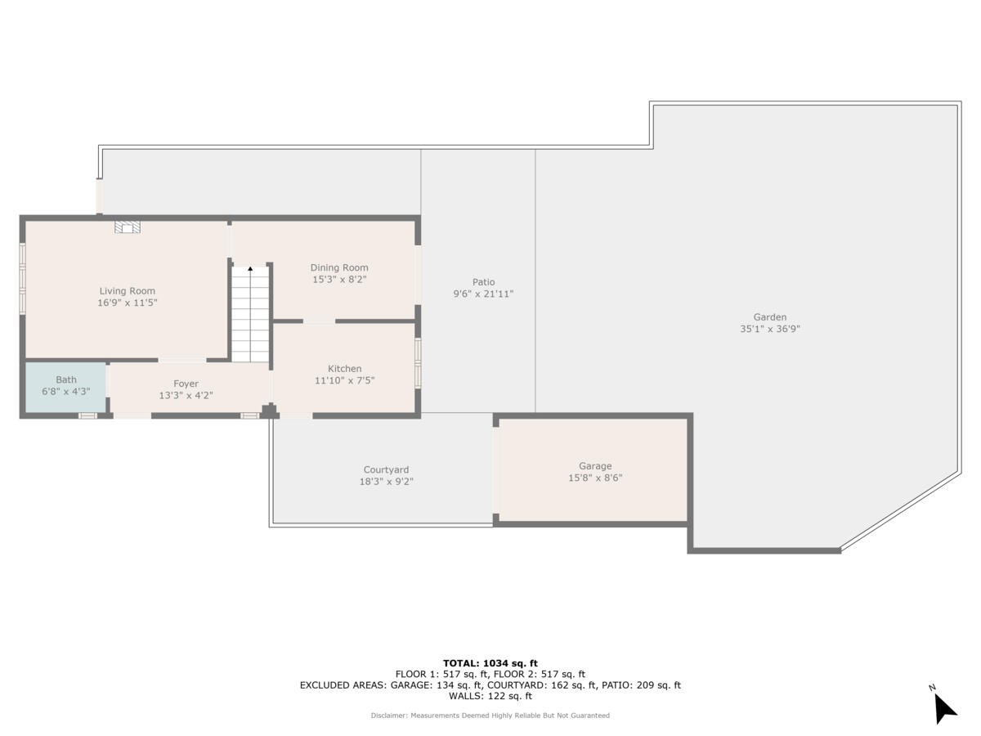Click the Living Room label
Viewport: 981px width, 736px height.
[127, 290]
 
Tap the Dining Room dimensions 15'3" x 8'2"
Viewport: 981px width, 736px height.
[339, 280]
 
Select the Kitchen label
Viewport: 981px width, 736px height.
[344, 369]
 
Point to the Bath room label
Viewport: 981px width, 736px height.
[66, 379]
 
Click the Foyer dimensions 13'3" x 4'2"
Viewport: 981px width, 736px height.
[186, 396]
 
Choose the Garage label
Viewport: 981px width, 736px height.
[595, 466]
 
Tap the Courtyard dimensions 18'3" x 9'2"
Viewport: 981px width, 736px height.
[386, 482]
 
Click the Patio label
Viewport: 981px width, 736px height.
[483, 282]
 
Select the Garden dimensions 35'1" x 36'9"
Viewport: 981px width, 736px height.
[769, 330]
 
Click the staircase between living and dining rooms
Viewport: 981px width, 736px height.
[250, 315]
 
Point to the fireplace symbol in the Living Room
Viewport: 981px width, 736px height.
[126, 228]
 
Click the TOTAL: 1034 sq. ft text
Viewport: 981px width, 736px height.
[490, 663]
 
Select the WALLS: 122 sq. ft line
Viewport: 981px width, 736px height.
[490, 697]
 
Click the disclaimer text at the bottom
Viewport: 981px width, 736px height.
[490, 716]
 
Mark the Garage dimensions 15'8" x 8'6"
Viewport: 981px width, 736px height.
[595, 478]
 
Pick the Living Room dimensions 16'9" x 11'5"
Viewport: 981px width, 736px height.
[127, 303]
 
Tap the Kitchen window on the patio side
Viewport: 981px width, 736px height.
[418, 363]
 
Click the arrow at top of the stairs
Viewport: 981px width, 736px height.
[250, 268]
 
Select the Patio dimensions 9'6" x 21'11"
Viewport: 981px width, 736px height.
[483, 294]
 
